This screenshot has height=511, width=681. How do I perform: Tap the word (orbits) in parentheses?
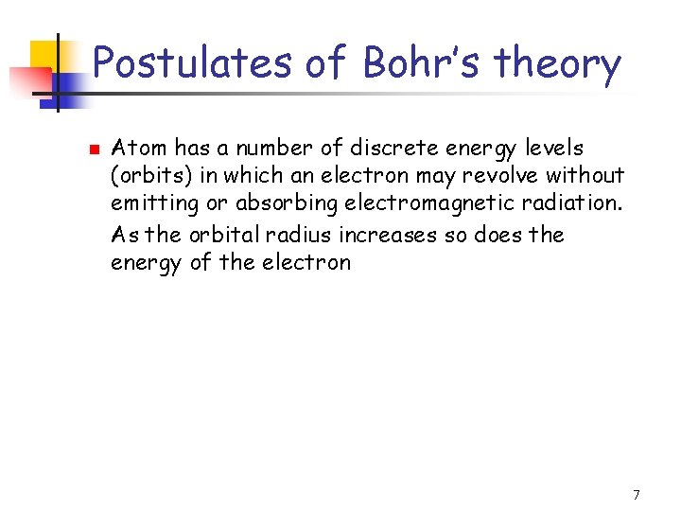pyautogui.click(x=148, y=177)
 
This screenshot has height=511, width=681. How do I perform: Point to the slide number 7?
pyautogui.click(x=637, y=495)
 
